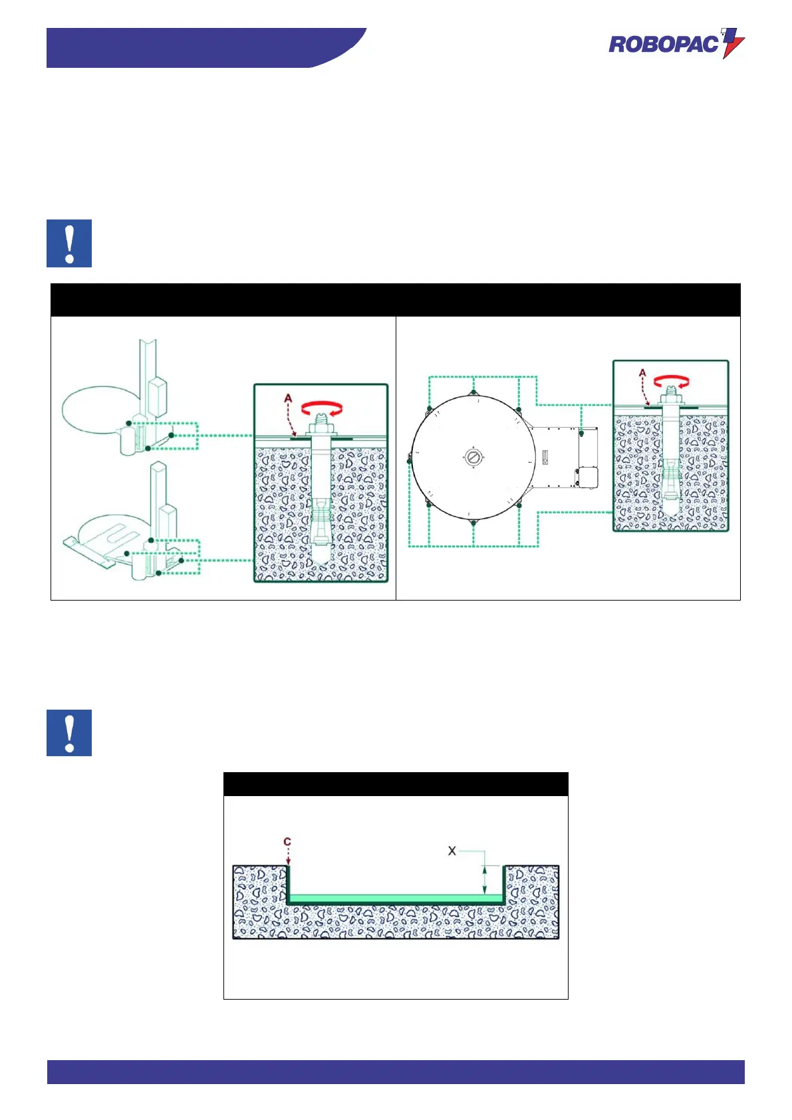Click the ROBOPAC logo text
[x=664, y=45]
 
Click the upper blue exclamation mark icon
[x=69, y=243]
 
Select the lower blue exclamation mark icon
[x=69, y=733]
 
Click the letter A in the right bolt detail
[x=642, y=374]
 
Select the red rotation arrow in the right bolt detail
[x=672, y=382]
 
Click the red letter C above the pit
[x=287, y=842]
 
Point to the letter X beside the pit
[x=452, y=851]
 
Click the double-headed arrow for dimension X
[x=485, y=880]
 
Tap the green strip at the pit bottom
[x=396, y=899]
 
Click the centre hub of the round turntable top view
[x=473, y=457]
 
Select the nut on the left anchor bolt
[x=321, y=432]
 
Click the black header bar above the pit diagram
[x=396, y=784]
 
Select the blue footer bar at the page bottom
[x=396, y=1071]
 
